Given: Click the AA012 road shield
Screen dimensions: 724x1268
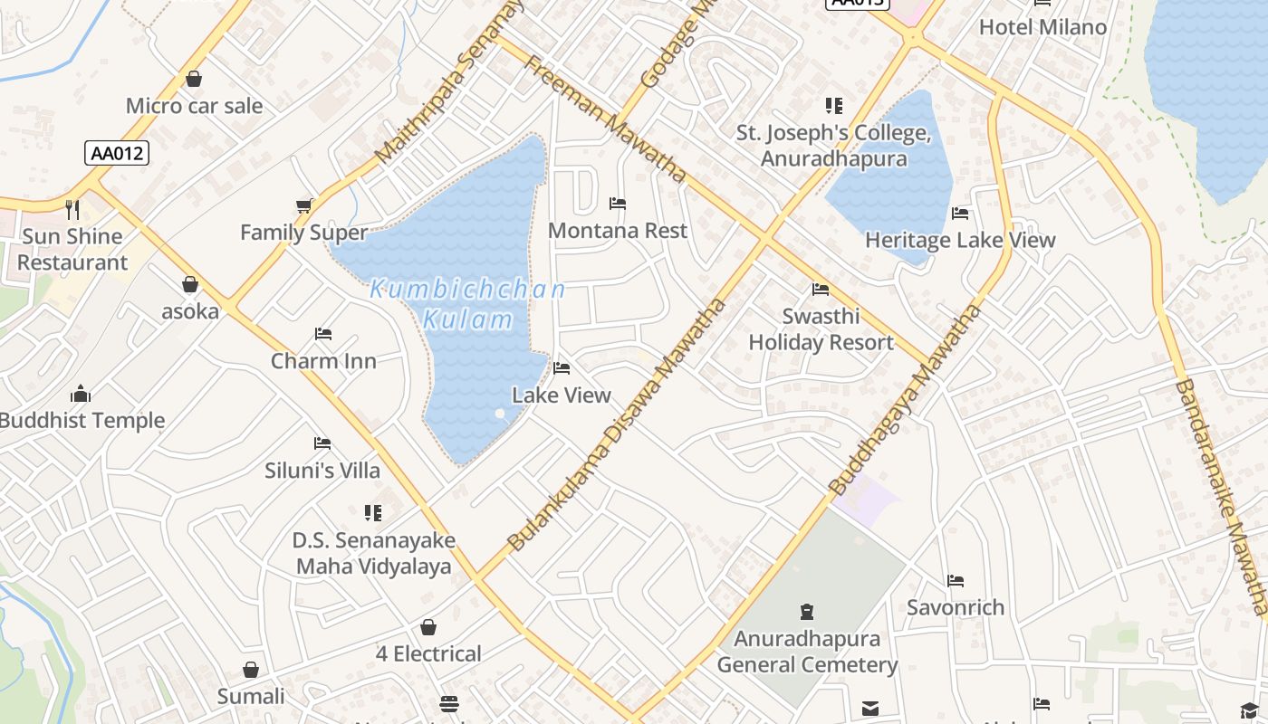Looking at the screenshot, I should click(117, 153).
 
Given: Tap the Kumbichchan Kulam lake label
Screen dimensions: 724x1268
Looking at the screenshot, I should click(467, 304).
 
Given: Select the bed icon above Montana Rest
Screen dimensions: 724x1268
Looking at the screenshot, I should click(618, 204).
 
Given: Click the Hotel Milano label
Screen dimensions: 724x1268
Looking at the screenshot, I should click(1042, 27).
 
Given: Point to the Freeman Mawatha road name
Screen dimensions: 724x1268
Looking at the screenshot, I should click(604, 119).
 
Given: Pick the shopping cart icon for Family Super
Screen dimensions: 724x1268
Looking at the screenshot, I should click(304, 206).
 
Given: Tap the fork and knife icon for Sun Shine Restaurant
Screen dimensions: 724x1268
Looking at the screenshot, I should click(73, 210).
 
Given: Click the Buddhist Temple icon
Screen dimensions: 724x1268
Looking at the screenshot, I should click(81, 394).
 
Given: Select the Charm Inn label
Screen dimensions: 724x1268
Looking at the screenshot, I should click(323, 361).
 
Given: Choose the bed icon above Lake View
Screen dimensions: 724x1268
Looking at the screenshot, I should click(562, 368).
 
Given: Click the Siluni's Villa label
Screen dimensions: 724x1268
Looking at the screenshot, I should click(322, 471).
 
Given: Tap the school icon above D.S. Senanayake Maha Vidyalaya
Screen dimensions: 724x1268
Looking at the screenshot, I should click(373, 513).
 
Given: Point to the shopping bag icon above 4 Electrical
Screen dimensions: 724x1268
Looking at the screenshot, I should click(428, 627).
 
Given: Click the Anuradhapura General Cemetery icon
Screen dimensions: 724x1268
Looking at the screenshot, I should click(807, 612).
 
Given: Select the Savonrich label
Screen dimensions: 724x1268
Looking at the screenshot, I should click(956, 607).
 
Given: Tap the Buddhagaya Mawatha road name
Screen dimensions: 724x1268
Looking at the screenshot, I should click(906, 400).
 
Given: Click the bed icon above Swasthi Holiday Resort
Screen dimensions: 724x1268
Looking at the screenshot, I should click(821, 290).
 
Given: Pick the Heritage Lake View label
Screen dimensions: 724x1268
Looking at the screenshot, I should click(960, 240).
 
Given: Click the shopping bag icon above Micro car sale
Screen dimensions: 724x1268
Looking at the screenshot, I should click(194, 80).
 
